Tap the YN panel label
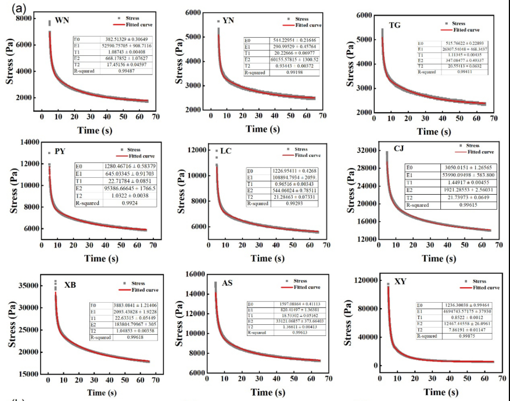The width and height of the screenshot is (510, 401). pyautogui.click(x=228, y=21)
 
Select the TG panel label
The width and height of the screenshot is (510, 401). pyautogui.click(x=395, y=25)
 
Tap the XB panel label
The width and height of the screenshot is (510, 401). pyautogui.click(x=70, y=285)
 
